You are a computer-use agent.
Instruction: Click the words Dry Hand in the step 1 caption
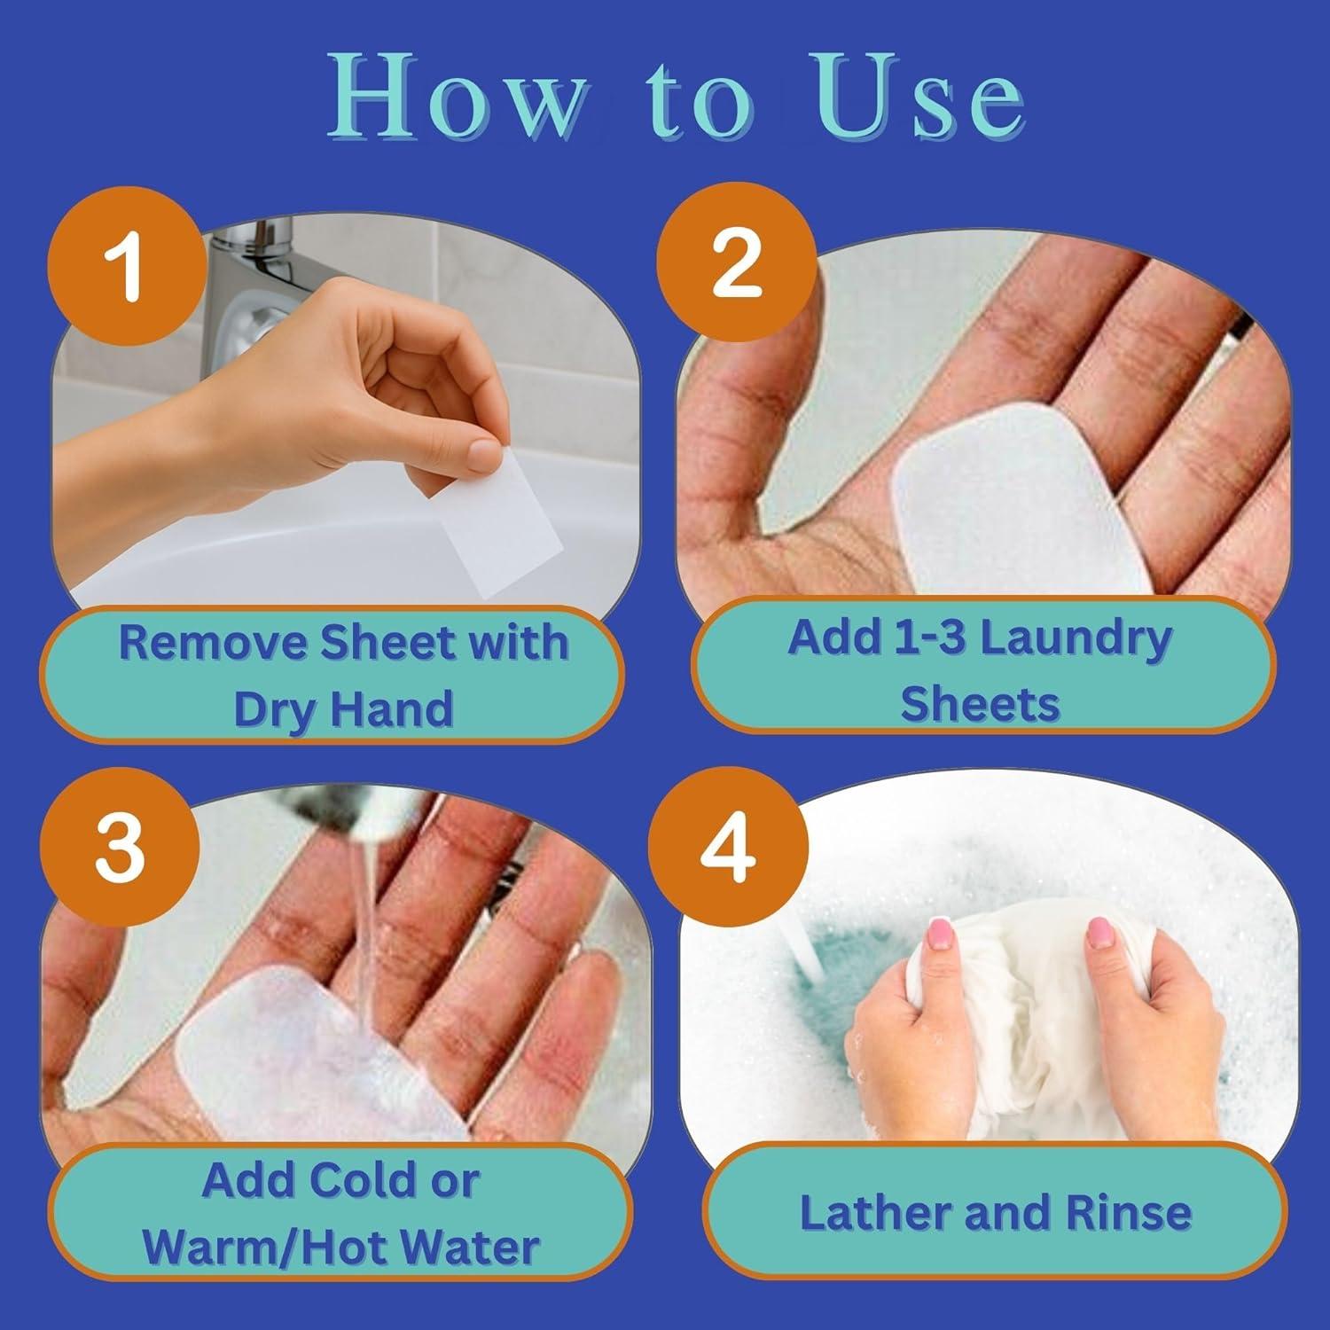point(343,708)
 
